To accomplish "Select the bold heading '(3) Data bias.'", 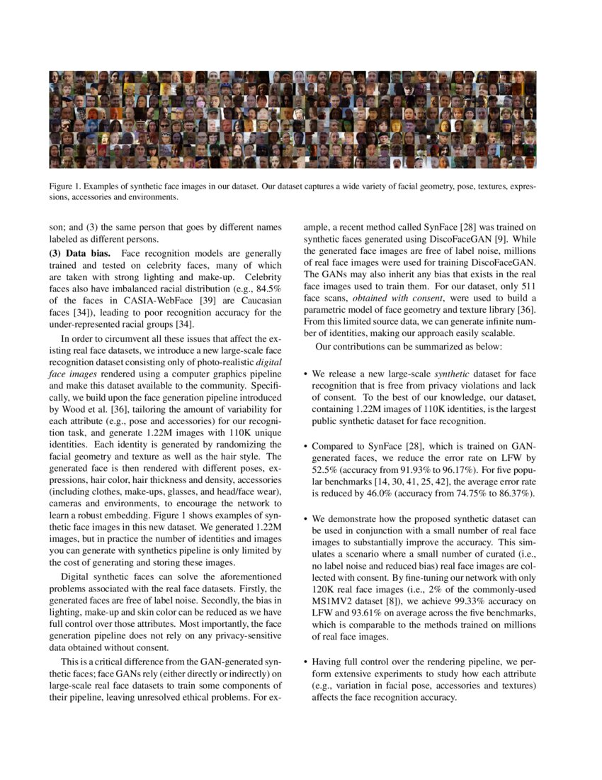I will tap(81, 253).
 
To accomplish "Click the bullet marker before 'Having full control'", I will tap(305, 661).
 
